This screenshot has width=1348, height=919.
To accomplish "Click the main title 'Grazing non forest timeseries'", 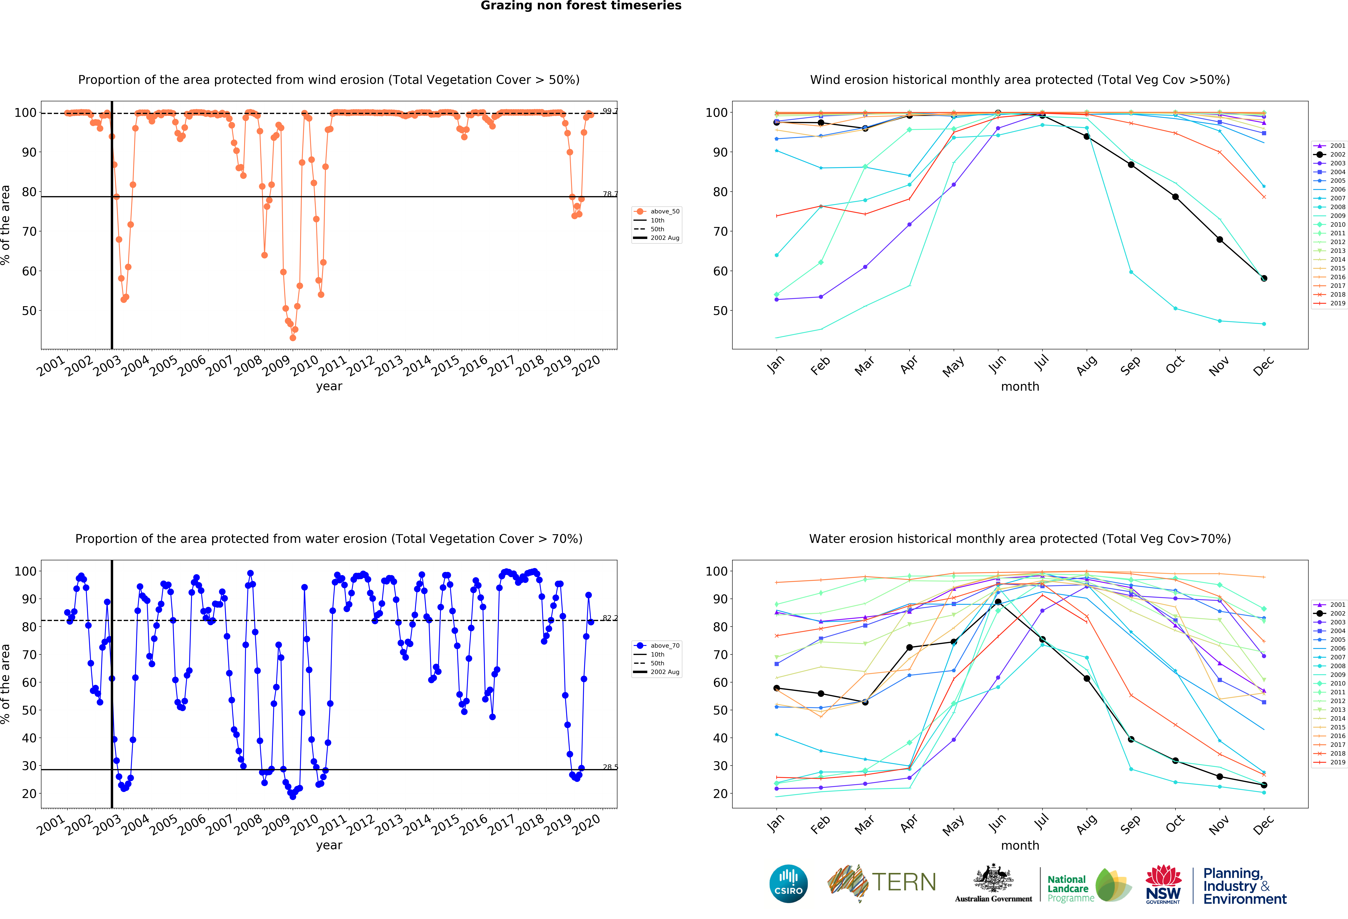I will (x=581, y=6).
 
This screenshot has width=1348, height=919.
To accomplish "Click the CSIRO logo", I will (x=788, y=884).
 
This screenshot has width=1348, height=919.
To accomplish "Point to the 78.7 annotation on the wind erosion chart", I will (x=610, y=194).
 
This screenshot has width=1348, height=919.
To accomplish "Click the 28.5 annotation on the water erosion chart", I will (x=610, y=767).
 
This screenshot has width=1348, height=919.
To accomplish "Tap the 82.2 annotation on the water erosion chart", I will (x=610, y=618).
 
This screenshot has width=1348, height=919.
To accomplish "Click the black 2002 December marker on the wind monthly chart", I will (x=1264, y=278).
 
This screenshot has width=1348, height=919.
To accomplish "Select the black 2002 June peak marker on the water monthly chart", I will (x=998, y=602).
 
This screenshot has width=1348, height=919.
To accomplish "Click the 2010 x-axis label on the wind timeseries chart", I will (x=304, y=365).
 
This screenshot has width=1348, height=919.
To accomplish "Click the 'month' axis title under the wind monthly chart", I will (x=1020, y=386).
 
